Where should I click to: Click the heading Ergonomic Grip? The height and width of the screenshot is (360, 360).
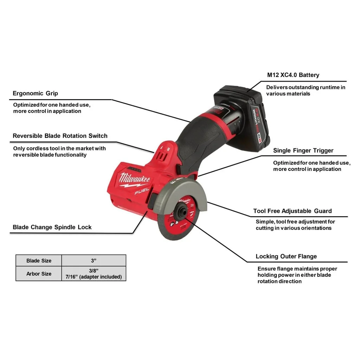click(x=36, y=94)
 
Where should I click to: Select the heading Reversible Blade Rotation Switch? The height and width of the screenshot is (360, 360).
click(x=60, y=136)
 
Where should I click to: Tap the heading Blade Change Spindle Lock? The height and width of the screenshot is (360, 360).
click(x=52, y=227)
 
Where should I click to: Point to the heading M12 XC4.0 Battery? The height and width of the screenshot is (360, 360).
click(x=293, y=75)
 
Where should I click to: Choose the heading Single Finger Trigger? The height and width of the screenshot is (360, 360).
click(x=303, y=150)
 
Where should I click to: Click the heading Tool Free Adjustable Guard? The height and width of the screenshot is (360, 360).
click(x=292, y=211)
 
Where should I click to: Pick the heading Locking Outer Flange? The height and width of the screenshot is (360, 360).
click(x=286, y=256)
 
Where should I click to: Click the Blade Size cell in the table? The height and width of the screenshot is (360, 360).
click(x=39, y=261)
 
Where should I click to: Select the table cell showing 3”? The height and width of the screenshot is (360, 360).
click(x=94, y=261)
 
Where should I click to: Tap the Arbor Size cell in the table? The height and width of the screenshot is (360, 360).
click(x=39, y=274)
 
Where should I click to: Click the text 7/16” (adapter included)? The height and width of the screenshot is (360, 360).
click(x=94, y=277)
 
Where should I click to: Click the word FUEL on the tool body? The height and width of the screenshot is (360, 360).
click(x=142, y=191)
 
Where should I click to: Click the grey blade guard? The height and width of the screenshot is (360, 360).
click(x=181, y=194)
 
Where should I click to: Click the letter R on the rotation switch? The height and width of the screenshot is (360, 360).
click(x=168, y=149)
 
